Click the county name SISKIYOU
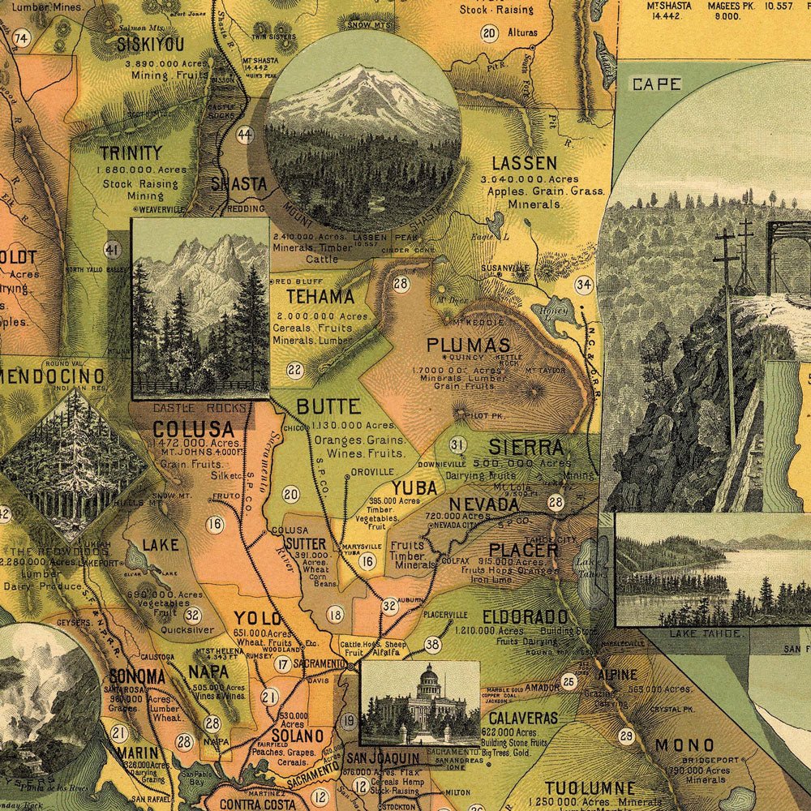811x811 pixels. pos(150,45)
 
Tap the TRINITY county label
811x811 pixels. pos(131,152)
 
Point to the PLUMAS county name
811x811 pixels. pos(469,345)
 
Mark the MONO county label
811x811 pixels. pos(684,745)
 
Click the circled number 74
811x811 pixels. pos(21,37)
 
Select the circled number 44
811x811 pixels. pos(245,135)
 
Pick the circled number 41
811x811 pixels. pos(113,249)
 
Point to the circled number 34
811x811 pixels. pos(583,285)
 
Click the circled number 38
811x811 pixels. pos(432,645)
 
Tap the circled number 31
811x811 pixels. pos(457,444)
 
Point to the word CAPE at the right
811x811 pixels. pos(657,84)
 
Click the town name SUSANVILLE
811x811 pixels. pos(504,267)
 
